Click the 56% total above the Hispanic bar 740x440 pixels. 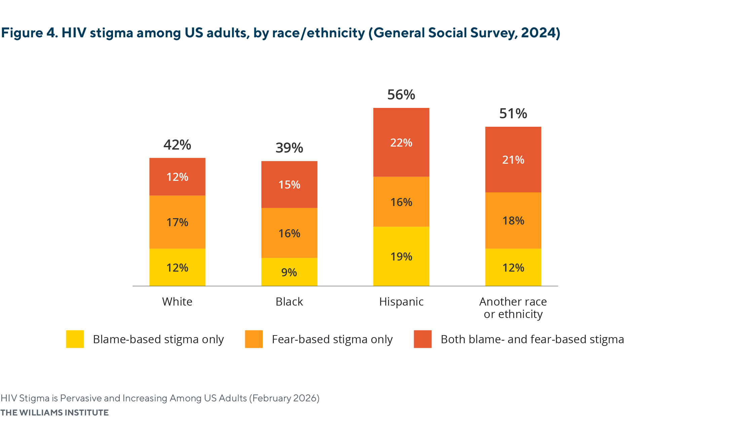click(401, 95)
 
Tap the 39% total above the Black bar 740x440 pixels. click(289, 148)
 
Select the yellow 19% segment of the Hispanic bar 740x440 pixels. click(401, 256)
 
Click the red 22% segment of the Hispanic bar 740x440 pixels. click(401, 143)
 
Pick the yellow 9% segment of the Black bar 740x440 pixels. click(289, 272)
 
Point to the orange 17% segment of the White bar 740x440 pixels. click(177, 222)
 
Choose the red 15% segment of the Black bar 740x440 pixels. click(289, 185)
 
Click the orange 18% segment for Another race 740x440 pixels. click(513, 221)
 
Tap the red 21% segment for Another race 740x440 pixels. click(513, 160)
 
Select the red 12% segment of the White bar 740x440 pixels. click(177, 177)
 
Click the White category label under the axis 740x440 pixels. click(177, 302)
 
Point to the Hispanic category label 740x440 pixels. click(401, 302)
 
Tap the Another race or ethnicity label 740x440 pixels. click(513, 308)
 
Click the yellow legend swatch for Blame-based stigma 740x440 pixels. click(75, 339)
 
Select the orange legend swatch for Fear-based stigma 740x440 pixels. click(254, 339)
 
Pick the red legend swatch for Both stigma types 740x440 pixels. click(422, 339)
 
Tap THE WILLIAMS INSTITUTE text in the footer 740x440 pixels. click(54, 412)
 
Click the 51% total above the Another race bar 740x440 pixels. click(513, 114)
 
